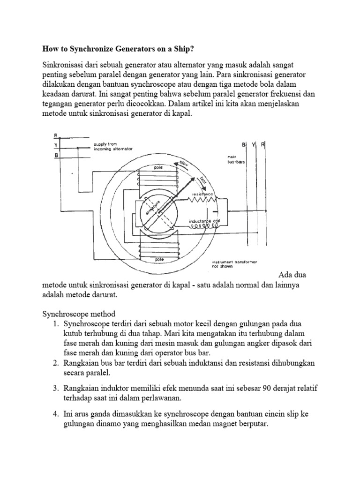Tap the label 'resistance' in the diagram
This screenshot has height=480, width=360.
[202, 194]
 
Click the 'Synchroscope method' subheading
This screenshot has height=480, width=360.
[78, 313]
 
